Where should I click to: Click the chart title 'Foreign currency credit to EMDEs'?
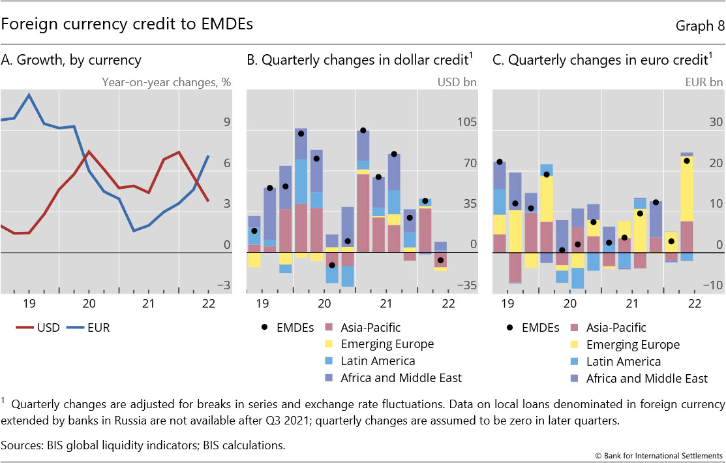pos(127,24)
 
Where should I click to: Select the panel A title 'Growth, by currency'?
pos(72,61)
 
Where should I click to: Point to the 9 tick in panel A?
pos(226,122)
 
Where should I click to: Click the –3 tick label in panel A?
pos(223,285)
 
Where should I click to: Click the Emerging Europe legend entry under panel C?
pos(633,345)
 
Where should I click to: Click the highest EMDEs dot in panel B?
pos(363,131)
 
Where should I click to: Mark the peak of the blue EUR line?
pos(29,95)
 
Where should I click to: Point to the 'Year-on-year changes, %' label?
pos(166,82)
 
